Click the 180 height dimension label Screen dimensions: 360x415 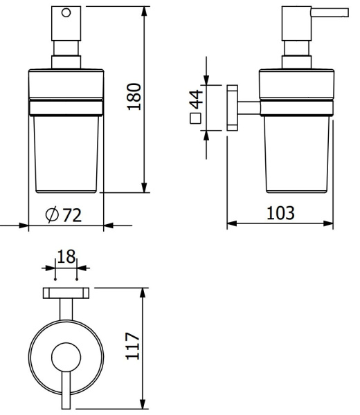click(x=134, y=97)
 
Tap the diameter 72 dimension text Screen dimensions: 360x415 click(x=64, y=214)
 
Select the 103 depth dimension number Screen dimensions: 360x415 click(x=280, y=213)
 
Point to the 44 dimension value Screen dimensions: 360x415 click(x=197, y=100)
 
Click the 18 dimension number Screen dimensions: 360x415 click(x=66, y=256)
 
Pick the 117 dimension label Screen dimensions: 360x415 click(x=132, y=346)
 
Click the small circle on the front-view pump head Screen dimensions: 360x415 click(x=66, y=12)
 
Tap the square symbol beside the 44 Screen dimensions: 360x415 click(x=195, y=118)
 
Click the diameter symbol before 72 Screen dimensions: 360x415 click(x=52, y=214)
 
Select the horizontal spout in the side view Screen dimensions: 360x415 click(x=330, y=12)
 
